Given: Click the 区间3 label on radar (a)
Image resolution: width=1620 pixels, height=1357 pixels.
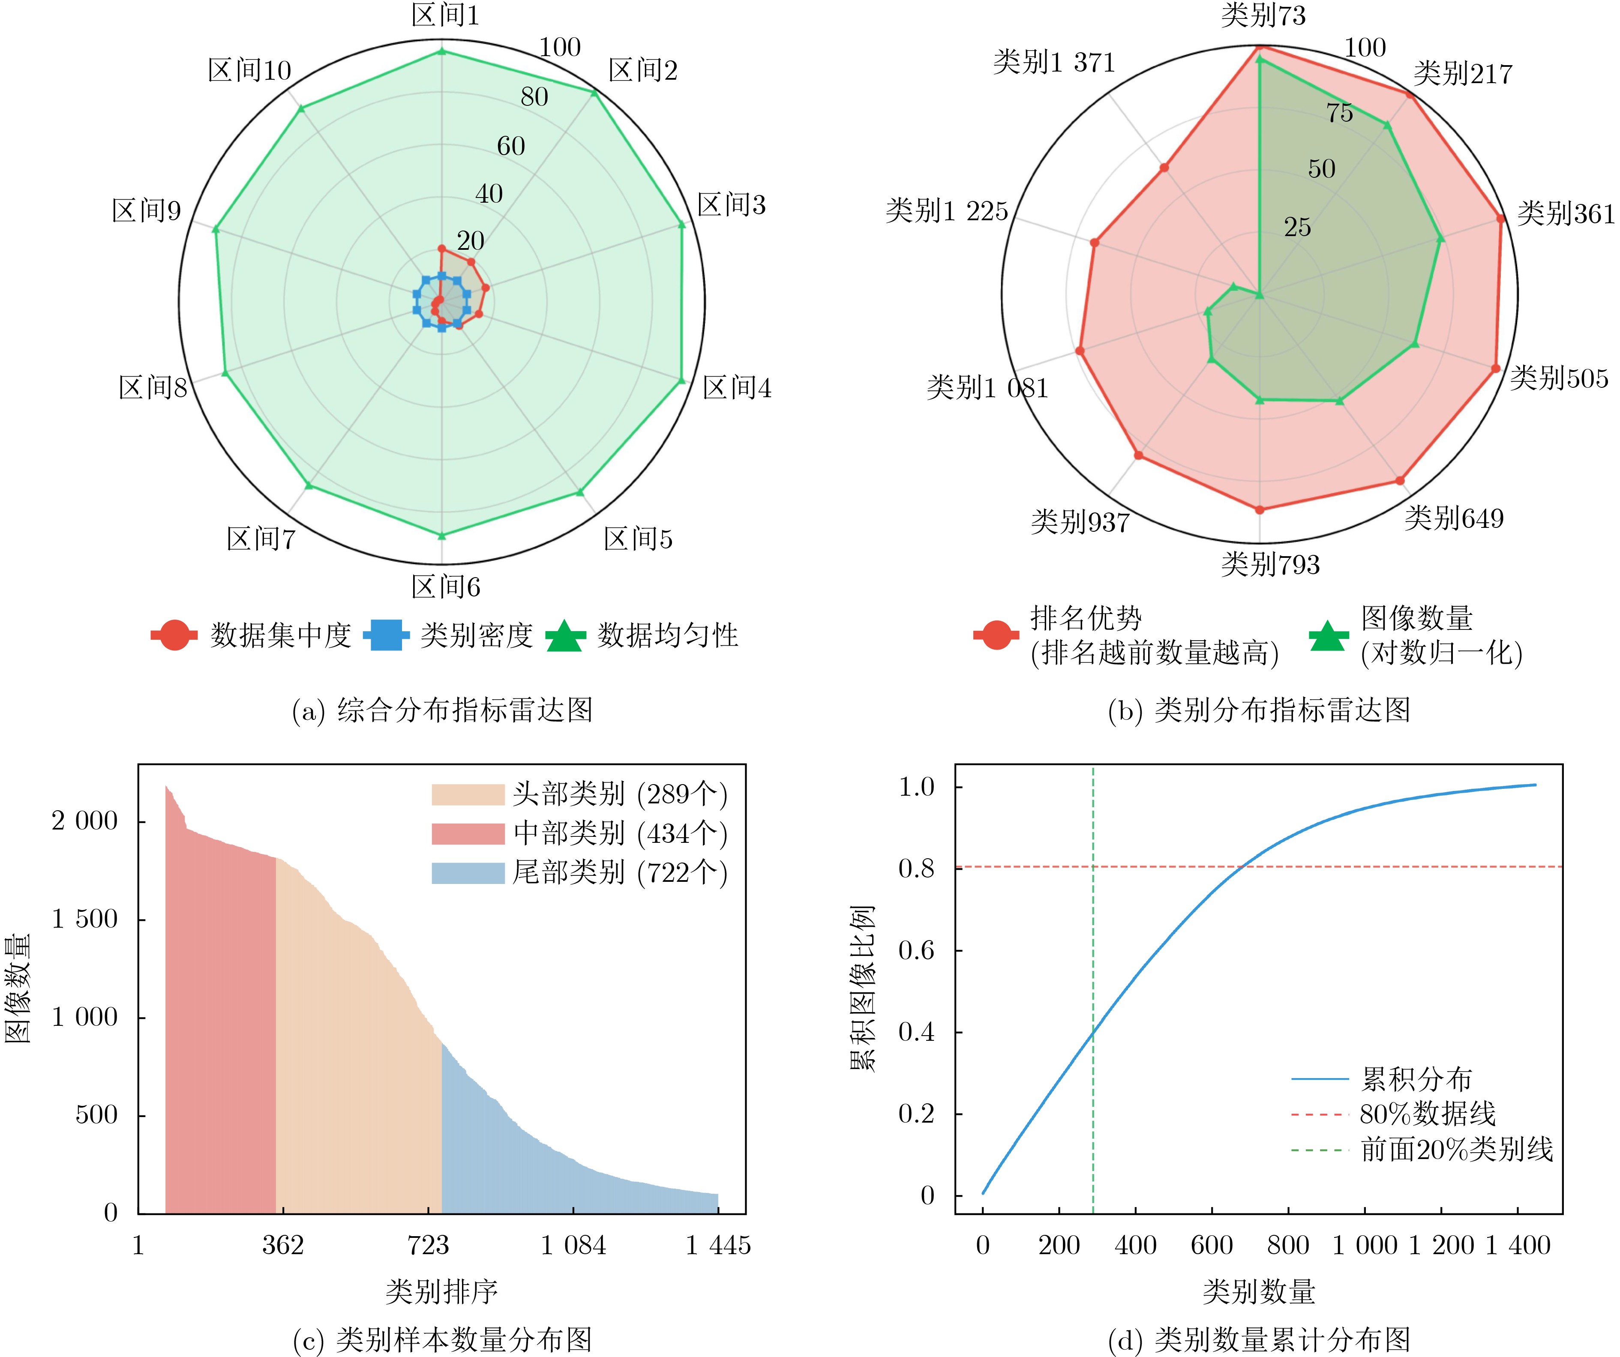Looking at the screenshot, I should [x=731, y=205].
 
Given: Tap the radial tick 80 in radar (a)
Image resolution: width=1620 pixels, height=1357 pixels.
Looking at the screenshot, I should [x=534, y=97].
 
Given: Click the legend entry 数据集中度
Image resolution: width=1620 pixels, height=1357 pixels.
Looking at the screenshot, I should [x=281, y=636].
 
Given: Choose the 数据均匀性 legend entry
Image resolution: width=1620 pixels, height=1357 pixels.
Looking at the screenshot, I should [x=668, y=636].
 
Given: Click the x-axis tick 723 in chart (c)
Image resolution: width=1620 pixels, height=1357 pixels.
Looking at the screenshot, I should [x=428, y=1245].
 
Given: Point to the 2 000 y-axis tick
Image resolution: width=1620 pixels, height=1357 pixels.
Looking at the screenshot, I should [x=85, y=821].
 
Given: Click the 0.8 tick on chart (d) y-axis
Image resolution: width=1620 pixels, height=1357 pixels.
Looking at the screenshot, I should [x=916, y=869].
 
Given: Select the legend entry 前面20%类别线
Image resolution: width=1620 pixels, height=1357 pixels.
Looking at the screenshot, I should [x=1456, y=1150].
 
